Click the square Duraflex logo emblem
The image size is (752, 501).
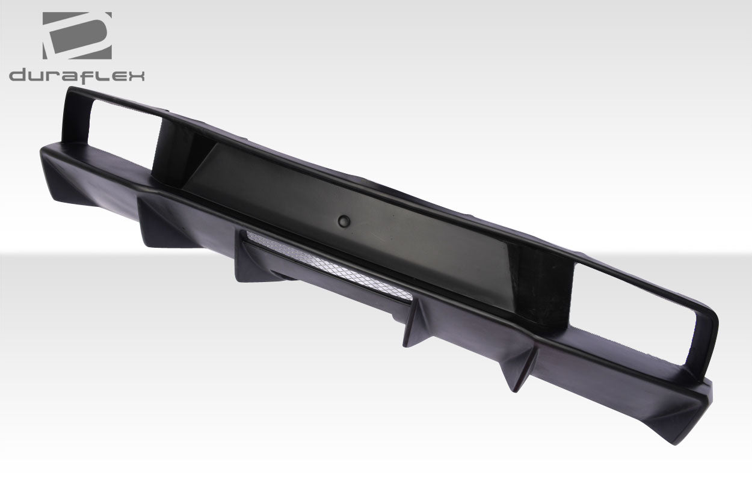tap(77, 35)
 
